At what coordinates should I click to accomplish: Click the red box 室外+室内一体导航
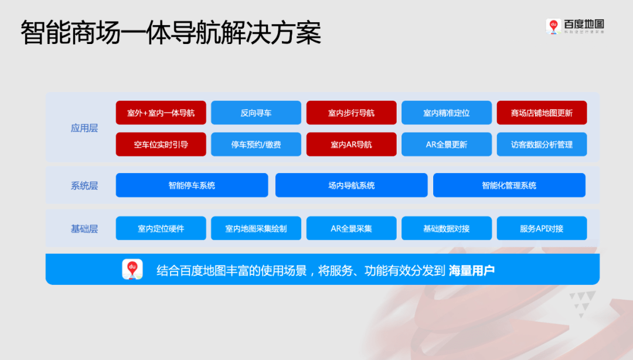pyautogui.click(x=161, y=113)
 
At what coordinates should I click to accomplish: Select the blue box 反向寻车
pyautogui.click(x=256, y=113)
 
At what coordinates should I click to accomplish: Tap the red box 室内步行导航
pyautogui.click(x=351, y=113)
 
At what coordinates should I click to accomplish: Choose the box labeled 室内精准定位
pyautogui.click(x=447, y=113)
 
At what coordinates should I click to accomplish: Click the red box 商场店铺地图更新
pyautogui.click(x=542, y=113)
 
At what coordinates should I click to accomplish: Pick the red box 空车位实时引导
pyautogui.click(x=161, y=144)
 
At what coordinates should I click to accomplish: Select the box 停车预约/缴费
pyautogui.click(x=256, y=144)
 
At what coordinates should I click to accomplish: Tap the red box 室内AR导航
pyautogui.click(x=351, y=144)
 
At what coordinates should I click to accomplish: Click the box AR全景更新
pyautogui.click(x=447, y=144)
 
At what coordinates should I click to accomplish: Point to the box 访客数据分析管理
pyautogui.click(x=542, y=144)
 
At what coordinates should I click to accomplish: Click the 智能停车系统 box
pyautogui.click(x=192, y=185)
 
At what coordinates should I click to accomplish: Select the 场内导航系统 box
pyautogui.click(x=351, y=185)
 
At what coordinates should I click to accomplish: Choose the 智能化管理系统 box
pyautogui.click(x=509, y=185)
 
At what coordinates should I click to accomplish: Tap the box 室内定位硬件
pyautogui.click(x=161, y=228)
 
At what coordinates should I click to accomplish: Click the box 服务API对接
pyautogui.click(x=542, y=228)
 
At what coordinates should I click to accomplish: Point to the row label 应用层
pyautogui.click(x=84, y=128)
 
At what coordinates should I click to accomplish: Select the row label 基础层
pyautogui.click(x=84, y=229)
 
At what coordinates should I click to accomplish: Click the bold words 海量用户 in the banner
pyautogui.click(x=472, y=270)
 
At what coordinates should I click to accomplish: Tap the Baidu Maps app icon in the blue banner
pyautogui.click(x=132, y=269)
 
